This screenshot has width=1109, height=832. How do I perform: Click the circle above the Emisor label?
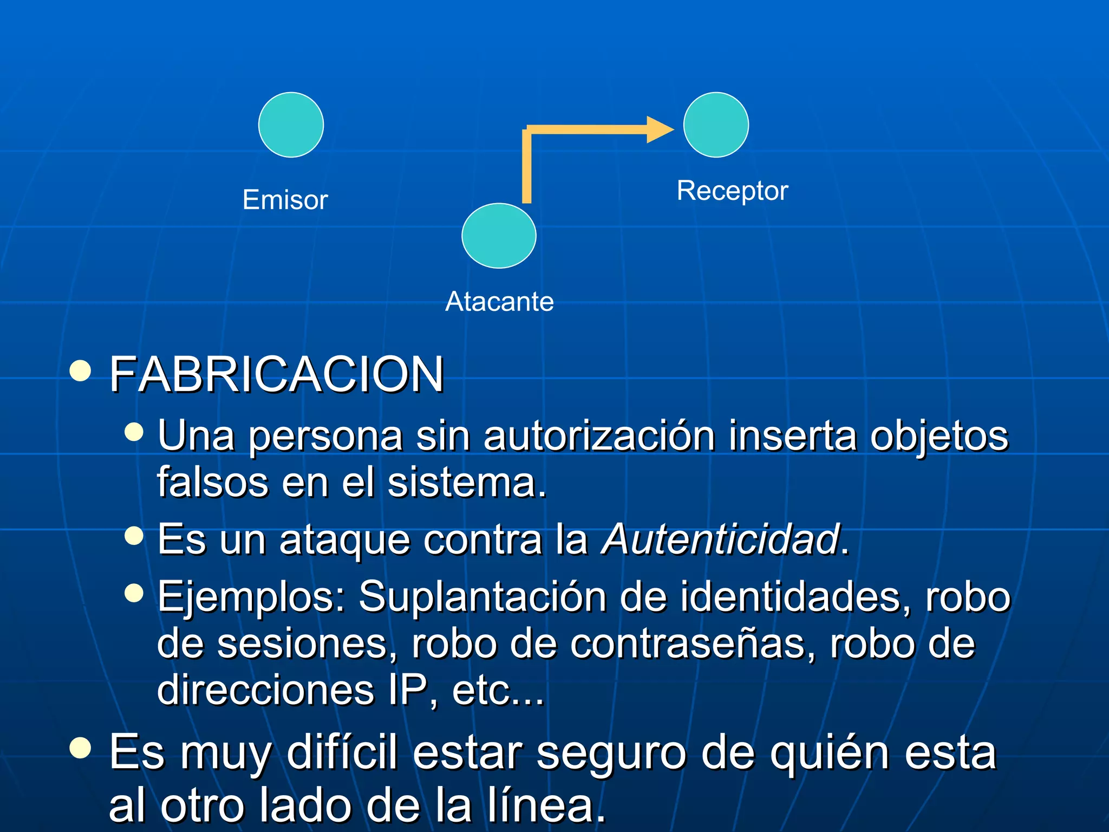click(x=291, y=125)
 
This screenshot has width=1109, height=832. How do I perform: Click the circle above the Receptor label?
click(x=716, y=125)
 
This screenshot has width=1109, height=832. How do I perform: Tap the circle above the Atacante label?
click(x=499, y=236)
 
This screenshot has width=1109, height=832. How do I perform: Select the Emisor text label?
click(x=285, y=200)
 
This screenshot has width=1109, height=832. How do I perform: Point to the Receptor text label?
click(x=732, y=191)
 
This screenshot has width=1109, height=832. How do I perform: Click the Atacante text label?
click(x=499, y=302)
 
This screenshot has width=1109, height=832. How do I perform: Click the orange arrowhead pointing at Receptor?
click(x=660, y=129)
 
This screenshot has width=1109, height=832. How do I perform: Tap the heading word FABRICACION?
click(x=277, y=374)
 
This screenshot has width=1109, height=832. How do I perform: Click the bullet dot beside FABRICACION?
click(x=80, y=371)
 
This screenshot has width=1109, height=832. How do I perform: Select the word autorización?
click(x=599, y=435)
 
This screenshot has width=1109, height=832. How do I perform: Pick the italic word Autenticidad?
click(x=721, y=539)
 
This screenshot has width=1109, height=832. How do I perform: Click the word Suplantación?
click(x=482, y=597)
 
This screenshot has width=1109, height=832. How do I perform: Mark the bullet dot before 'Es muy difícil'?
click(x=80, y=748)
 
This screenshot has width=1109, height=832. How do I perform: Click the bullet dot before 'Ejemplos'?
click(x=134, y=593)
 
